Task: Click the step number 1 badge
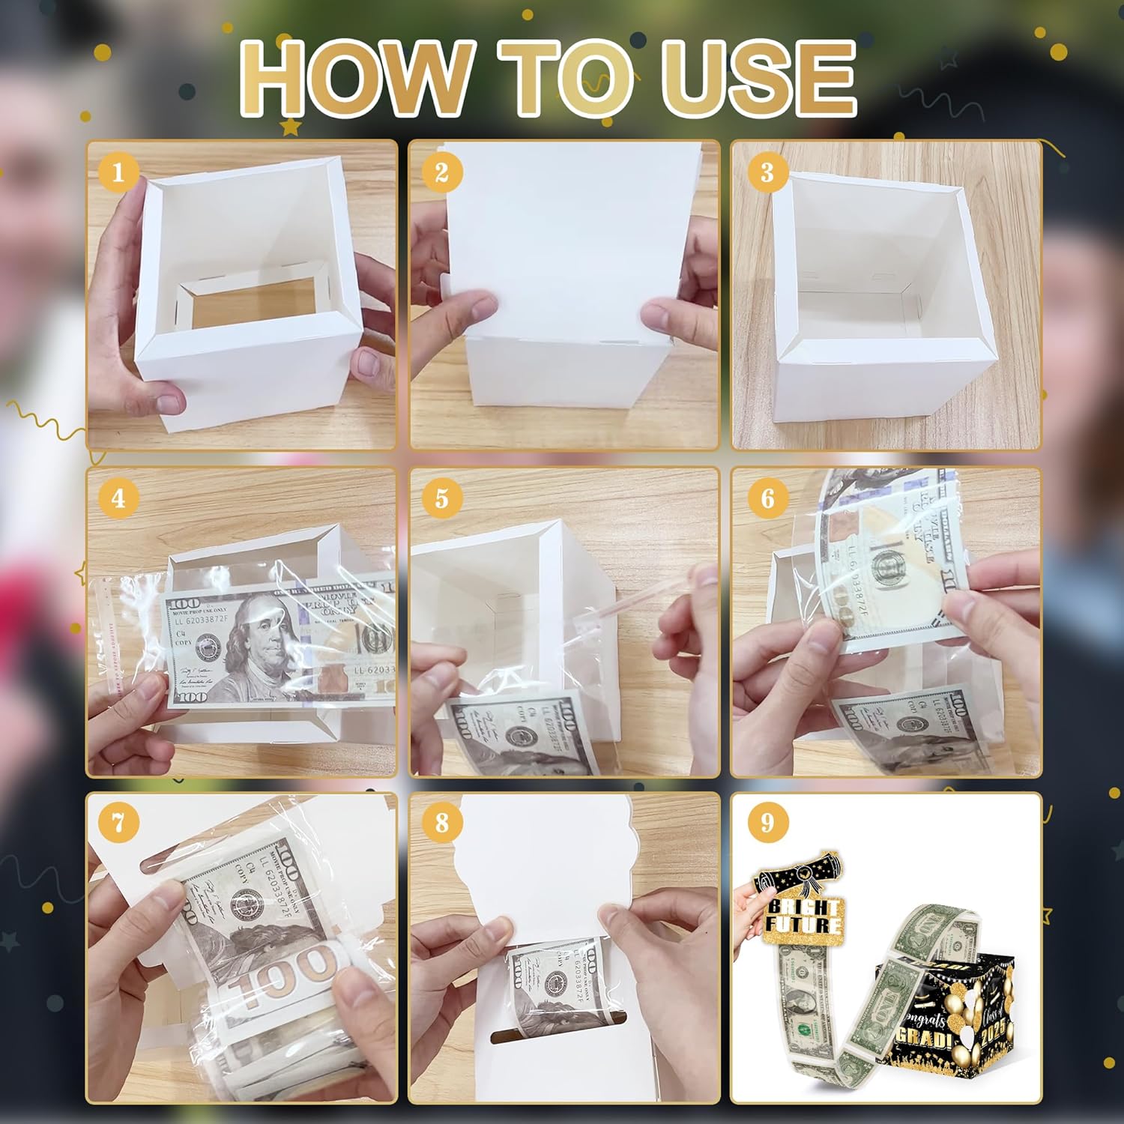[x=118, y=173]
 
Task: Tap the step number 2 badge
[x=441, y=173]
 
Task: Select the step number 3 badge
[x=767, y=173]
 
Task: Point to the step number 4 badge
[x=118, y=498]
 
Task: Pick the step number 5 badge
[x=441, y=498]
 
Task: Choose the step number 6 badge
[x=767, y=498]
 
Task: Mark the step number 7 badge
[x=118, y=823]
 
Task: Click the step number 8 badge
[x=441, y=823]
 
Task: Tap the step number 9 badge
[x=767, y=823]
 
